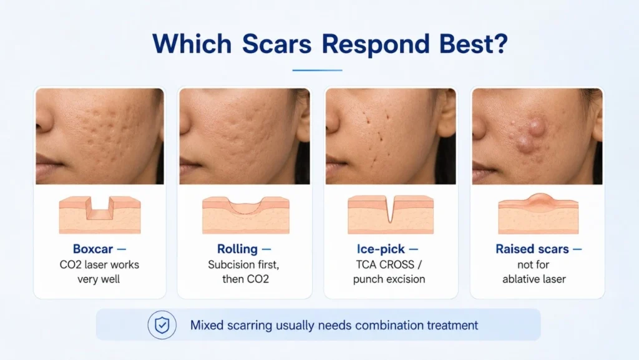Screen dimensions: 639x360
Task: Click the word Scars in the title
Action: click(x=276, y=44)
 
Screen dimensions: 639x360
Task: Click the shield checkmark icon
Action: click(x=162, y=325)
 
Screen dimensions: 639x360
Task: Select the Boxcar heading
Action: click(x=92, y=249)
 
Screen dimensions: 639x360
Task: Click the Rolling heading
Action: click(x=237, y=249)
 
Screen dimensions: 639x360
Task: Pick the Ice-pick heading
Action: click(x=381, y=249)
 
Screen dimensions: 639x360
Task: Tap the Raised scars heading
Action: click(x=532, y=249)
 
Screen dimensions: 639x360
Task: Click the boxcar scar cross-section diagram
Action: click(x=100, y=215)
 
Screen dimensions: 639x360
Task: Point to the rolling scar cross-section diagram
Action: click(x=246, y=215)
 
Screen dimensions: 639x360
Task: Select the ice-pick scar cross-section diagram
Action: click(x=391, y=215)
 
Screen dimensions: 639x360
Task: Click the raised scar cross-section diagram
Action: click(x=538, y=213)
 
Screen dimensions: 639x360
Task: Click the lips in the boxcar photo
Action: click(x=49, y=163)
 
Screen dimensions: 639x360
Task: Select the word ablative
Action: click(x=522, y=279)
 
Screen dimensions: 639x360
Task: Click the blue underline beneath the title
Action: click(x=317, y=70)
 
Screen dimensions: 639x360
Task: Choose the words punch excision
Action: click(x=389, y=280)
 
